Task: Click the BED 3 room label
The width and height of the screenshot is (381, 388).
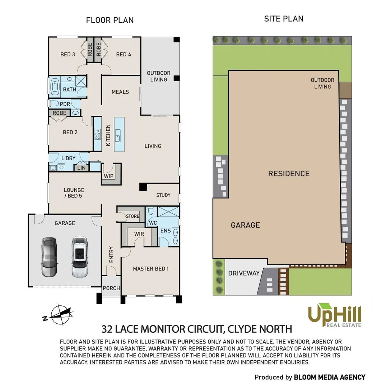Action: click(68, 55)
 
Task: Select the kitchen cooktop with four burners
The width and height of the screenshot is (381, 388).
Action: click(97, 134)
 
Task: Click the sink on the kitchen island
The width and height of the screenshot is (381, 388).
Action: click(118, 135)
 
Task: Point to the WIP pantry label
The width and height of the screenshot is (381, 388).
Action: click(108, 176)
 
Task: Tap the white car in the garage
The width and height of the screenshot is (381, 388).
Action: click(79, 257)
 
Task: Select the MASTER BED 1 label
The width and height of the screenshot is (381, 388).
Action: click(151, 269)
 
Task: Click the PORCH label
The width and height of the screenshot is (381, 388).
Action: click(111, 288)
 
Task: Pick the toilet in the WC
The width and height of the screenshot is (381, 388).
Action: click(151, 211)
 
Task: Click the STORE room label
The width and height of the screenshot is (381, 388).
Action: click(133, 216)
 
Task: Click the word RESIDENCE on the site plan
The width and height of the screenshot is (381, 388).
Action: click(289, 174)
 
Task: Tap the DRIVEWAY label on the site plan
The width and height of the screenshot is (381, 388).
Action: click(244, 273)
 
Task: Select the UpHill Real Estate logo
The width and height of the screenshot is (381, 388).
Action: click(334, 315)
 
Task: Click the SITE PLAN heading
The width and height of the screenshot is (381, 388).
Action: click(284, 19)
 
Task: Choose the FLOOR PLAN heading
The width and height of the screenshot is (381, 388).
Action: click(110, 20)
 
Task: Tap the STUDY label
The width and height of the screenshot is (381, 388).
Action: click(163, 195)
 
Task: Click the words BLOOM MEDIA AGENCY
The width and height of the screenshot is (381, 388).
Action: click(330, 377)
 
